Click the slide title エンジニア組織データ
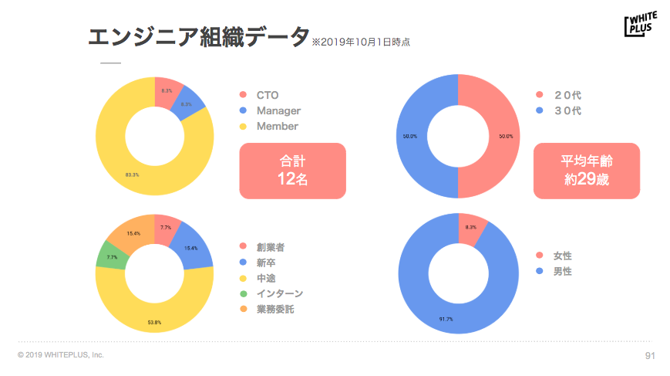[198, 38]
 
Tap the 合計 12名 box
[292, 171]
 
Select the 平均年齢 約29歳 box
[587, 171]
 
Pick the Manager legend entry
[278, 111]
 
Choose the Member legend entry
[277, 126]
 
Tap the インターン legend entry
[279, 293]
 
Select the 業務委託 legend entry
[275, 309]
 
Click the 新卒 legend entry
[267, 263]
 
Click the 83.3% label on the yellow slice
[132, 174]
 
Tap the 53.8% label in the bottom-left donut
[154, 322]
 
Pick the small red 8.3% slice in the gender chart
[472, 228]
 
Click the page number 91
[649, 355]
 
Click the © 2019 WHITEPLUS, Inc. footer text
[61, 355]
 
